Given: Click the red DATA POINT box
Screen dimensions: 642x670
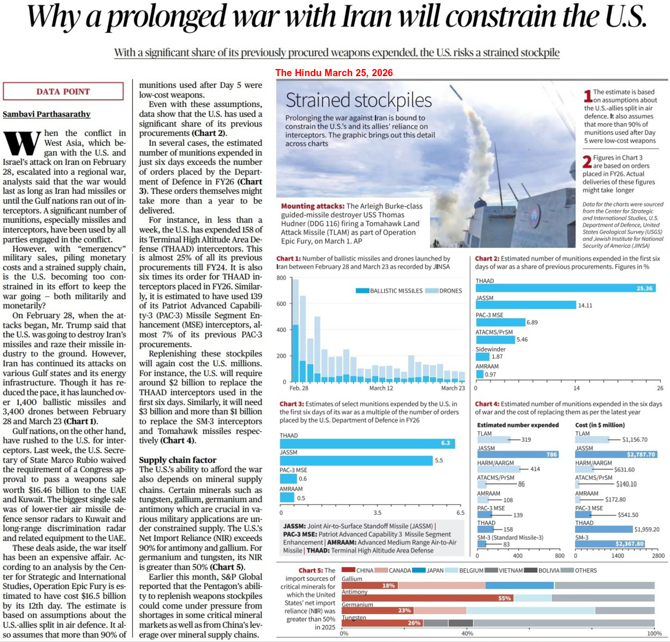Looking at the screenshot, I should (x=63, y=92).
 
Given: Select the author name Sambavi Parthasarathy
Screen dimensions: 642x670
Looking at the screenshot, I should (x=46, y=114).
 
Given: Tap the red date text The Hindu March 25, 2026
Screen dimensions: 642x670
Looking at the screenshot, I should (x=334, y=73).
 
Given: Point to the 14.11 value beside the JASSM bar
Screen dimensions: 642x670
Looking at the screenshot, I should (x=585, y=305).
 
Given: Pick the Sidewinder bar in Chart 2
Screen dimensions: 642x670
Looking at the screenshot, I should (x=482, y=356).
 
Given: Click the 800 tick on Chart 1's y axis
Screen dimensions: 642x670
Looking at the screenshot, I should (x=281, y=278).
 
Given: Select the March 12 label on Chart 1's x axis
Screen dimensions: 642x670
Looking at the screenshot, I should (x=381, y=388).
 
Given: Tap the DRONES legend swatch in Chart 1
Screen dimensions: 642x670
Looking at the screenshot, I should (x=432, y=291).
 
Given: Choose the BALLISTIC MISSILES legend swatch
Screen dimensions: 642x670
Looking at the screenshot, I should (x=362, y=291).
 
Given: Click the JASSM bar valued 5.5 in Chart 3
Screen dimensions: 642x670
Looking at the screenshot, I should (x=356, y=460).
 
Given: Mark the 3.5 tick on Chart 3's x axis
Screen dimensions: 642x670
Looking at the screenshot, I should (x=378, y=513).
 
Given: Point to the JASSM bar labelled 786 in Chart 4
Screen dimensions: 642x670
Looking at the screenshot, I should (x=518, y=455).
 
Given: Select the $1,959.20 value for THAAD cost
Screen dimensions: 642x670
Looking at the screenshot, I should (x=647, y=529).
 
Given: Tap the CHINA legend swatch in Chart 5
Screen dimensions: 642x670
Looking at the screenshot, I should (x=348, y=570).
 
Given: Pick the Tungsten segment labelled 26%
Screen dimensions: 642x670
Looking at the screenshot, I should (x=382, y=623).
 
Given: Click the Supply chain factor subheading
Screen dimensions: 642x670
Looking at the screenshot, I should (x=178, y=460).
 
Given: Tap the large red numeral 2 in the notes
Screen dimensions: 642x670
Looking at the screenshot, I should (x=587, y=161).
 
